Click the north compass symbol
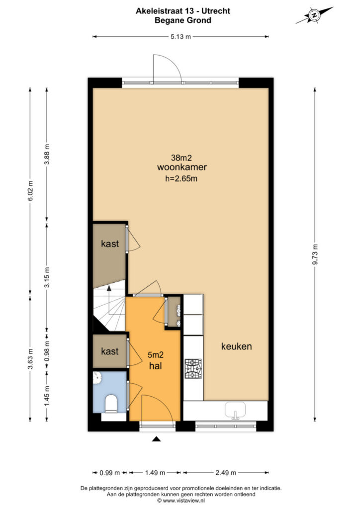click(x=314, y=15)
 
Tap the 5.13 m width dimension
click(x=181, y=37)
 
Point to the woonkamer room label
click(x=182, y=167)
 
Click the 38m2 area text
click(x=181, y=158)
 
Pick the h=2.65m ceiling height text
click(x=181, y=178)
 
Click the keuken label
click(x=236, y=346)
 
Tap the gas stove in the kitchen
click(x=193, y=369)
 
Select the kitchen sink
click(x=236, y=410)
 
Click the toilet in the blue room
click(x=111, y=404)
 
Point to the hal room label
click(x=156, y=366)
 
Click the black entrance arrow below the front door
click(x=157, y=439)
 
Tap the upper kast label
click(x=110, y=244)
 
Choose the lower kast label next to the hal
click(x=110, y=351)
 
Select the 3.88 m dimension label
click(x=47, y=154)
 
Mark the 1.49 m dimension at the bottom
click(x=155, y=473)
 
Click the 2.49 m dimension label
click(x=226, y=473)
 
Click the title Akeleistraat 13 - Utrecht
click(x=183, y=11)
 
